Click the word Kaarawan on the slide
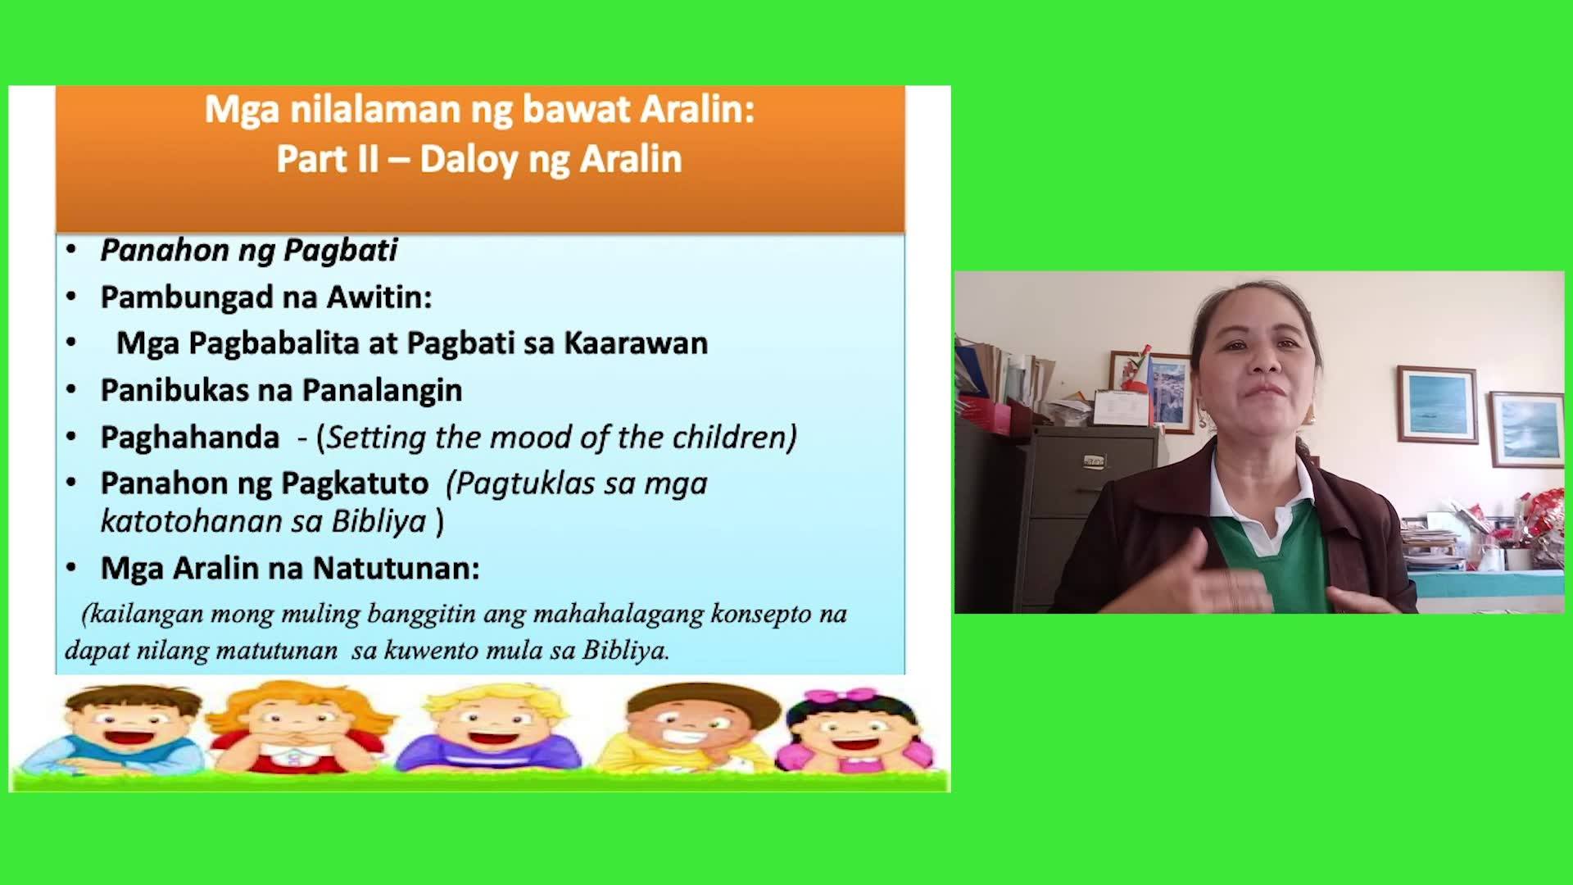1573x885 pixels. [636, 343]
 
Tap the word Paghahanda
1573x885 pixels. [190, 438]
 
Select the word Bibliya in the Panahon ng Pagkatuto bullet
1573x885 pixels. [379, 521]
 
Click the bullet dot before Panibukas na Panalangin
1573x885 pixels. [71, 389]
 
